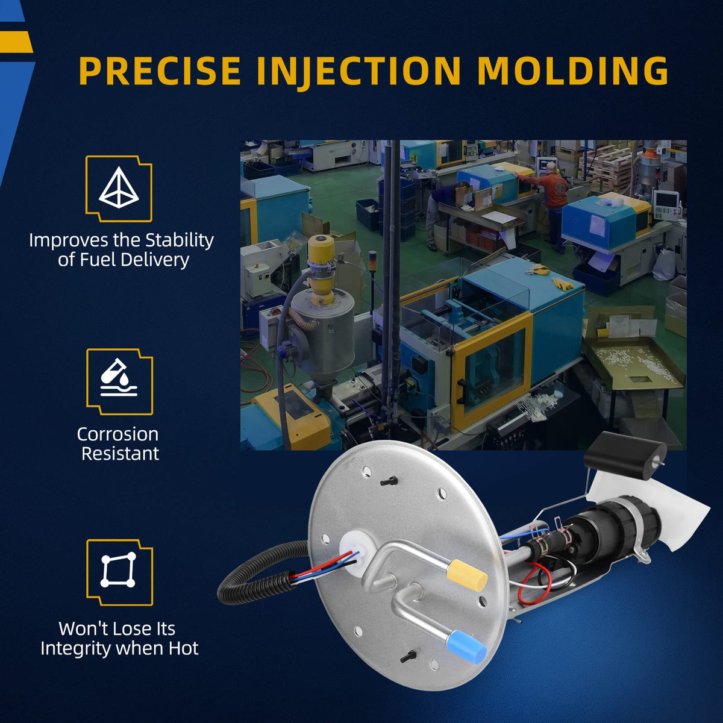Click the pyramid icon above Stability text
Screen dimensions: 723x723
pos(119,187)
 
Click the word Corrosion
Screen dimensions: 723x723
pos(118,434)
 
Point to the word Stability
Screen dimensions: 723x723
pos(180,241)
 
